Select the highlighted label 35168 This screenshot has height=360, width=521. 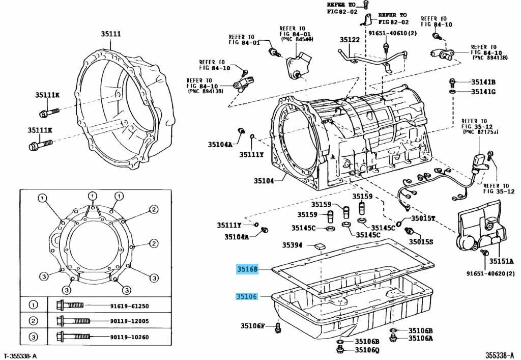[x=247, y=268]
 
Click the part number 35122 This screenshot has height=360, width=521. [x=350, y=40]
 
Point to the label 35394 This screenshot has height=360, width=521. [x=293, y=245]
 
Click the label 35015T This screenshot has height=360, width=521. [x=424, y=218]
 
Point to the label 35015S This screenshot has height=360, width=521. [x=421, y=242]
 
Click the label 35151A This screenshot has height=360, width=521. [x=501, y=262]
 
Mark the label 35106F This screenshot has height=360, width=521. [x=253, y=325]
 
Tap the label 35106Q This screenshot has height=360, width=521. [x=367, y=350]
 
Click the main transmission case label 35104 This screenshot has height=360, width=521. [x=264, y=181]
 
